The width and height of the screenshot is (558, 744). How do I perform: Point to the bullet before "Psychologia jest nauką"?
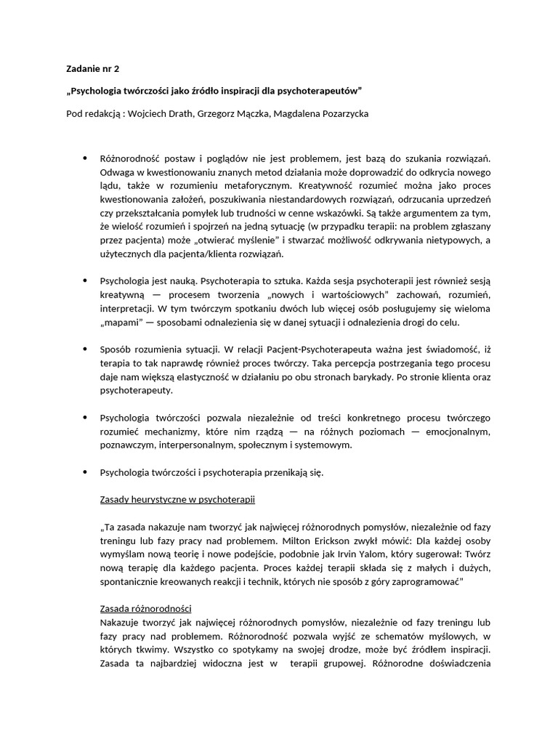tap(84, 279)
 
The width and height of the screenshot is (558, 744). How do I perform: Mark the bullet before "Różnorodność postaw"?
tap(84, 158)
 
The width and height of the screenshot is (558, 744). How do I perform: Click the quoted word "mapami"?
tap(118, 322)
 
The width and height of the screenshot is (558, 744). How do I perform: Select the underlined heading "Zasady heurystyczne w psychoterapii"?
tap(177, 501)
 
